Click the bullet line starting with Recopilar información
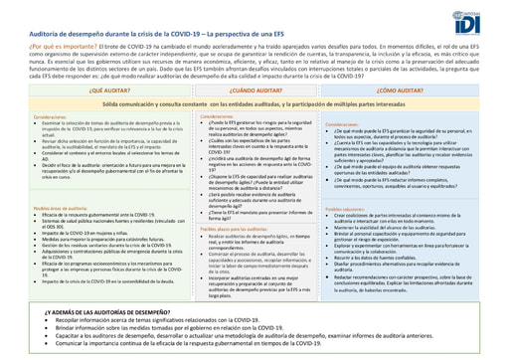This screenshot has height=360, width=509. point(149,321)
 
